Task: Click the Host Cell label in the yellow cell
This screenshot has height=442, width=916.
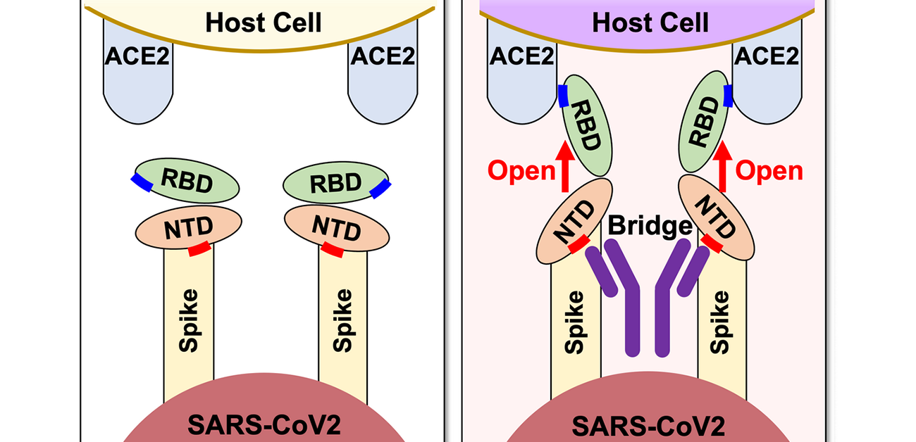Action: coord(264,23)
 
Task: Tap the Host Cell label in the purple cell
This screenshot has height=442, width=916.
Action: coord(650,23)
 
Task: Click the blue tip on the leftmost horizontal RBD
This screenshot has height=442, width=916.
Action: coord(142,182)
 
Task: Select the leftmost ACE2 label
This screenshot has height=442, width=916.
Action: coord(137,56)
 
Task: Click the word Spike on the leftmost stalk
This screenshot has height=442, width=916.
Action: coord(189,320)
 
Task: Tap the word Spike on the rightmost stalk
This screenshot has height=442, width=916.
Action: coord(720,322)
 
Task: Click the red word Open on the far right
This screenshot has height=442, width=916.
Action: coord(769,171)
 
